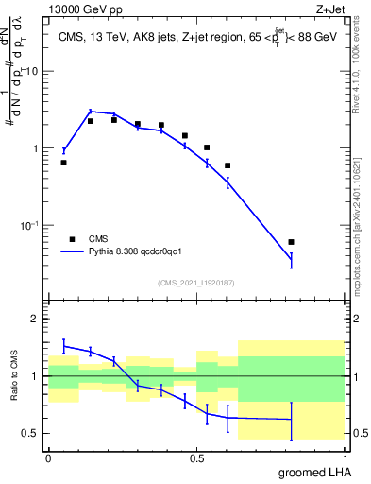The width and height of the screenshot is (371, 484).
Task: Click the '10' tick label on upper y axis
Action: (x=32, y=72)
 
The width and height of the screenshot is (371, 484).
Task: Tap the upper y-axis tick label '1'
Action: (x=36, y=148)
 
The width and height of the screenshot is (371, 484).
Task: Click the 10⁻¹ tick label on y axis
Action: (x=30, y=225)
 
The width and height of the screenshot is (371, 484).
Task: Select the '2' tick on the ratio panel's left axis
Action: (x=36, y=319)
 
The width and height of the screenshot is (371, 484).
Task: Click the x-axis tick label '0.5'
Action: (x=196, y=458)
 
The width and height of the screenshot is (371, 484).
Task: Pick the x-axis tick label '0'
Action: (x=48, y=458)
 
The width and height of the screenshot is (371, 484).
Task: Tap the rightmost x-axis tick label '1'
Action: (x=345, y=458)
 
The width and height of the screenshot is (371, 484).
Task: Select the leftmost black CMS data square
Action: (x=63, y=163)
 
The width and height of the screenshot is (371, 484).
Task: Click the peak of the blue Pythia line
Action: (x=91, y=111)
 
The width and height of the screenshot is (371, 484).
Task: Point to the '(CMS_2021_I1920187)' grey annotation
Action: (x=196, y=282)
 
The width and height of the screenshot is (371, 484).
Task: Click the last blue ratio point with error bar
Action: (x=291, y=420)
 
